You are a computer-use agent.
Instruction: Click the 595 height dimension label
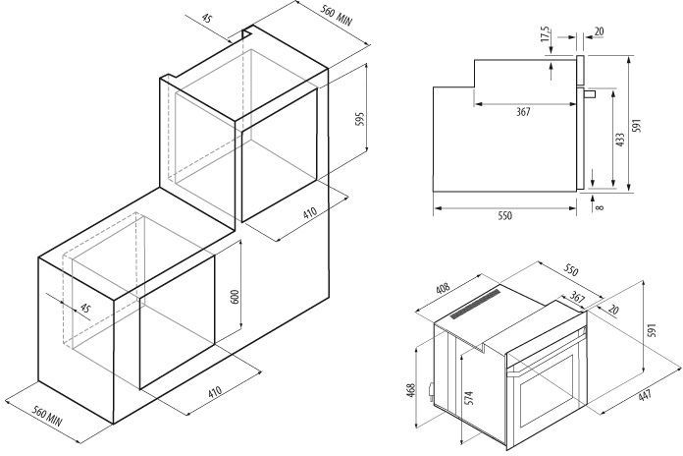pyautogui.click(x=360, y=119)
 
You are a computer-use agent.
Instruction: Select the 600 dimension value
pyautogui.click(x=235, y=297)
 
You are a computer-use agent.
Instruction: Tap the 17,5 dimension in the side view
pyautogui.click(x=546, y=34)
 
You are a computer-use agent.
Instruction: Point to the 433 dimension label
pyautogui.click(x=620, y=140)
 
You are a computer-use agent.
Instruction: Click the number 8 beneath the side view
pyautogui.click(x=601, y=206)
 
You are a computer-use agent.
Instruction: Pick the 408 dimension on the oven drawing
pyautogui.click(x=443, y=290)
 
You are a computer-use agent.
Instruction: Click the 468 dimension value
pyautogui.click(x=411, y=390)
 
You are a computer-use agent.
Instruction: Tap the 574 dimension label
pyautogui.click(x=469, y=398)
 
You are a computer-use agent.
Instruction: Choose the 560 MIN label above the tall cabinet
pyautogui.click(x=337, y=15)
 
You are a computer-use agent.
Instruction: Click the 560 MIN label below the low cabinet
pyautogui.click(x=48, y=416)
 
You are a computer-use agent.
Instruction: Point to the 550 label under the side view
pyautogui.click(x=504, y=215)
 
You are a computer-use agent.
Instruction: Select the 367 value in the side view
pyautogui.click(x=523, y=112)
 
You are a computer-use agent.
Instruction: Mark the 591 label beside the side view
pyautogui.click(x=637, y=126)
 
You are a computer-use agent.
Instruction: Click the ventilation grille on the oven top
pyautogui.click(x=475, y=304)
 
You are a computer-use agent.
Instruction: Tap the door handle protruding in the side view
pyautogui.click(x=590, y=93)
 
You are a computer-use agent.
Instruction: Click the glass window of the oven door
pyautogui.click(x=547, y=391)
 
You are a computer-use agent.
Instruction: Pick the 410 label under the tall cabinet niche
pyautogui.click(x=310, y=213)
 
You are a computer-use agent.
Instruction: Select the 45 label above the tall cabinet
pyautogui.click(x=207, y=19)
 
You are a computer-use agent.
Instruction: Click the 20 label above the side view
pyautogui.click(x=599, y=31)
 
